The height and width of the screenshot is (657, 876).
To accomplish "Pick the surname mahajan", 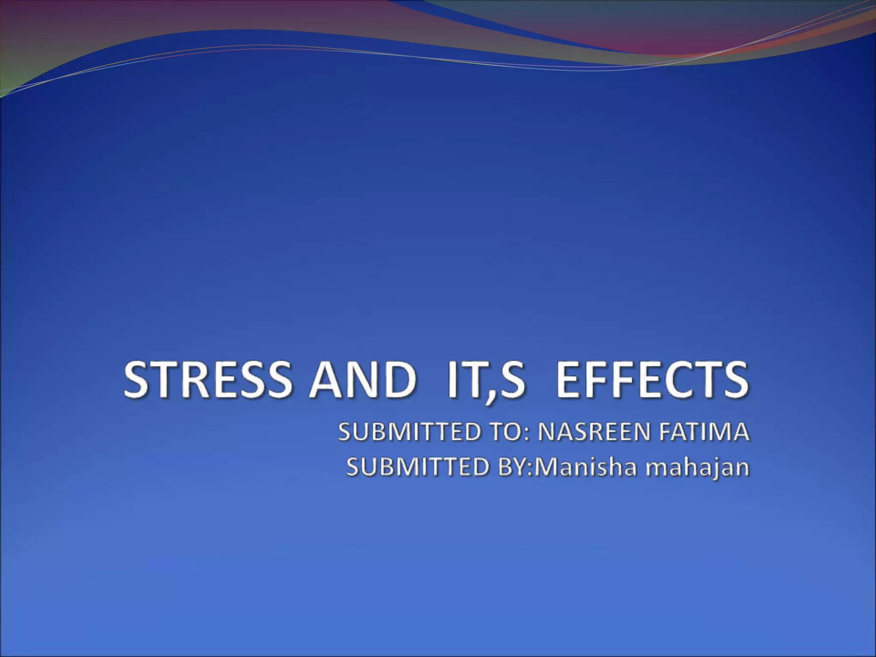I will point(698,468).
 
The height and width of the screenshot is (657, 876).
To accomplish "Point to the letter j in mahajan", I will point(719,468).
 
